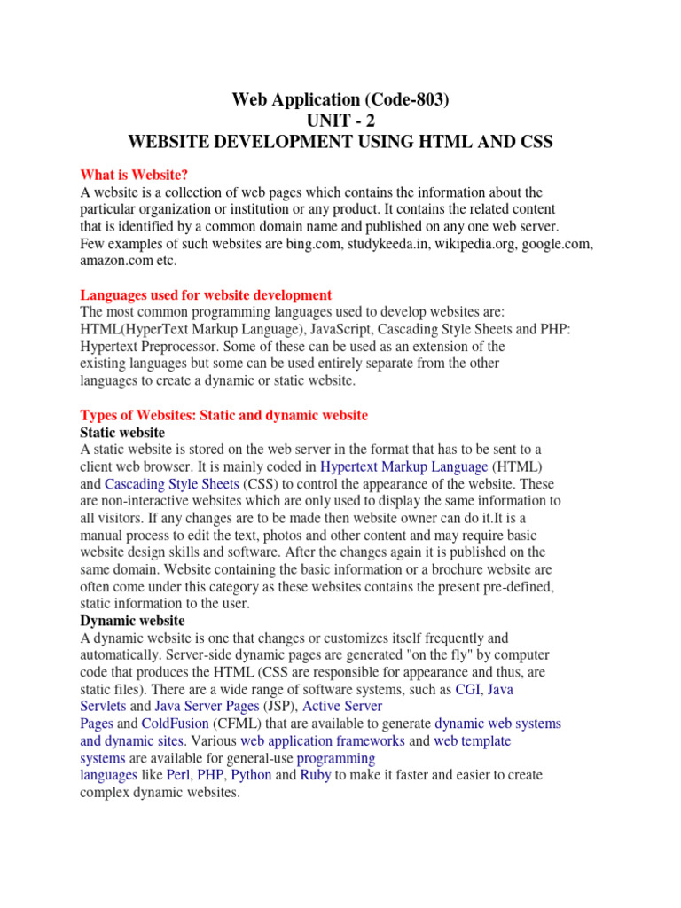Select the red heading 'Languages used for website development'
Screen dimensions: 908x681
(x=206, y=294)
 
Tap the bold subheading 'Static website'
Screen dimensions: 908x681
(x=122, y=432)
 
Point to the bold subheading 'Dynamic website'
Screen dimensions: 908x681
(x=132, y=621)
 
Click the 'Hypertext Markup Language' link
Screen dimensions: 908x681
(x=403, y=466)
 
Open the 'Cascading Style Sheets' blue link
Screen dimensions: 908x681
(x=171, y=484)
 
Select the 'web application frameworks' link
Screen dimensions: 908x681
(x=323, y=740)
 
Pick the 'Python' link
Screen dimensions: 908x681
(x=251, y=775)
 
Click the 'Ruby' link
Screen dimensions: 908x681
(x=316, y=775)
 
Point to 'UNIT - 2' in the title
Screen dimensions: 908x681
(x=340, y=121)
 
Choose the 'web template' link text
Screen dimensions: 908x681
(x=472, y=740)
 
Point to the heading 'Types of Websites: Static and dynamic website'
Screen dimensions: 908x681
(x=223, y=415)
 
